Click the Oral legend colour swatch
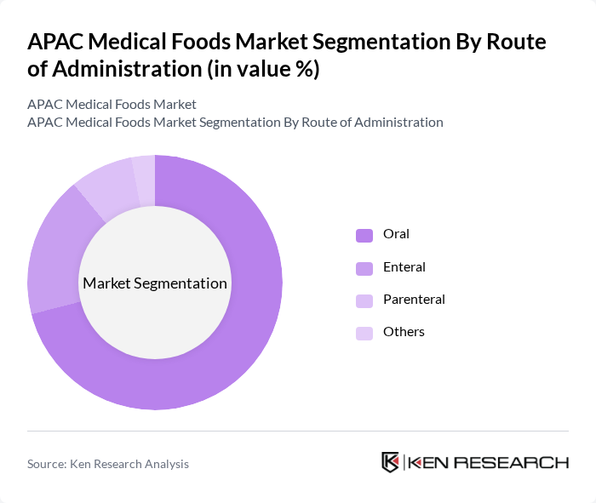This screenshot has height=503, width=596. [x=364, y=235]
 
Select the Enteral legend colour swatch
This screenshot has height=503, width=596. [x=364, y=268]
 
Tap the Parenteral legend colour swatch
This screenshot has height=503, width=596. [x=364, y=300]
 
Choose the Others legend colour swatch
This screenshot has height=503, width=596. [x=364, y=333]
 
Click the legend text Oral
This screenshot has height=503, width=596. [x=396, y=234]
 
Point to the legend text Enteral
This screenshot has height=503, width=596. [x=404, y=267]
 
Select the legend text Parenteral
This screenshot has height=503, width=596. [x=414, y=300]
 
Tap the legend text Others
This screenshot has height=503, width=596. [x=404, y=332]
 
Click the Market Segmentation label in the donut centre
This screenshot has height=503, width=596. [x=155, y=283]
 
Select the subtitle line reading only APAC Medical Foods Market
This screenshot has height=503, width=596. [x=112, y=105]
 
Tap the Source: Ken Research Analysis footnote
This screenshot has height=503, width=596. [x=108, y=464]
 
